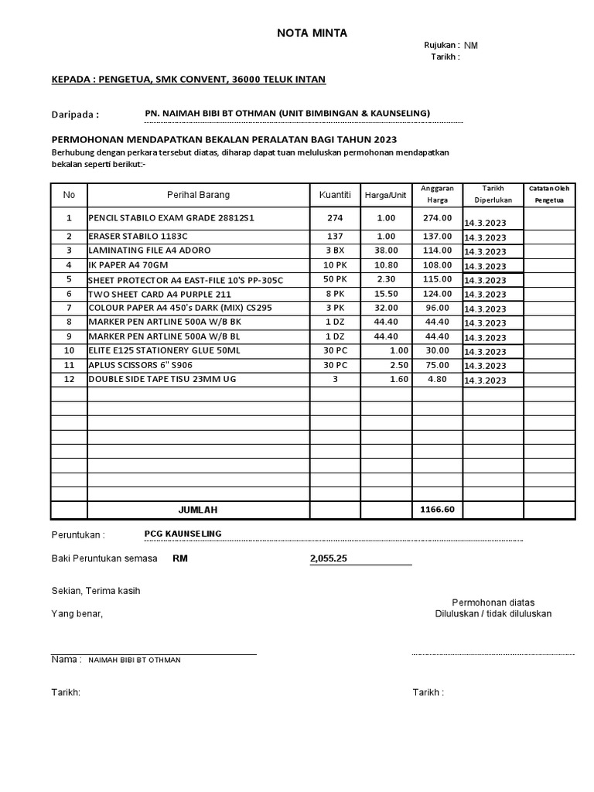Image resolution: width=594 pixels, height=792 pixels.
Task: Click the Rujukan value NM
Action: click(471, 46)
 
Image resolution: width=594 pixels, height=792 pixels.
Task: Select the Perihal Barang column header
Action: click(198, 195)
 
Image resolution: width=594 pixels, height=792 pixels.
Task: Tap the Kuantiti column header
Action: click(335, 195)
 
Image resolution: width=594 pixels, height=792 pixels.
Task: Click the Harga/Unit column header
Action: click(385, 195)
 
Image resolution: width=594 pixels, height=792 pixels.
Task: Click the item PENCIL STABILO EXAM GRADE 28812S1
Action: click(171, 219)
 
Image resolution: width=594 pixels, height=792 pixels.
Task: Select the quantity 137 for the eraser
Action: click(335, 237)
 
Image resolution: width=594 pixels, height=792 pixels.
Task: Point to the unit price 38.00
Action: click(386, 251)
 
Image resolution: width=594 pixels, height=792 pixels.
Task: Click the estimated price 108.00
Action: click(437, 265)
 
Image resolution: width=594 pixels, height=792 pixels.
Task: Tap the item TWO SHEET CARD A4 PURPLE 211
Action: click(159, 295)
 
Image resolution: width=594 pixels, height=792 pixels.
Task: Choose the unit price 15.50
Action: click(386, 294)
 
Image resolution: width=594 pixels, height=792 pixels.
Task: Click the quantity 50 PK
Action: click(335, 279)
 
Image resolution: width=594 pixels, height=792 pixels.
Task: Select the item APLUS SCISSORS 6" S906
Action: click(140, 366)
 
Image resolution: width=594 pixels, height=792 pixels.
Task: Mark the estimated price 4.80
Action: click(437, 380)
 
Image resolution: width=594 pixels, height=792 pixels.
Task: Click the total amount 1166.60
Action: click(437, 510)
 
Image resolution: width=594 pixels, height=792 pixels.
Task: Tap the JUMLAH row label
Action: click(198, 510)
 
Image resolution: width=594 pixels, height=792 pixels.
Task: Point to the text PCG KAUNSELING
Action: click(183, 534)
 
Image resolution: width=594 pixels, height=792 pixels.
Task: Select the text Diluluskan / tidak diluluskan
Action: click(493, 614)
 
